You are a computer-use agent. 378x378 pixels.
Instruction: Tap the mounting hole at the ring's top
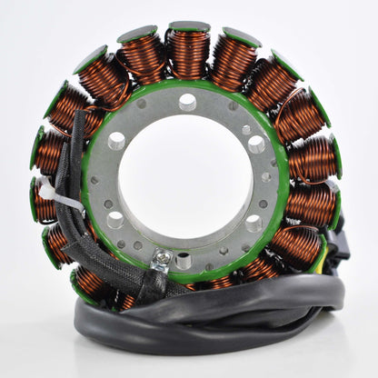pyautogui.click(x=188, y=102)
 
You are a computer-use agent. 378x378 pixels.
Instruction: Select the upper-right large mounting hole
pyautogui.click(x=256, y=144)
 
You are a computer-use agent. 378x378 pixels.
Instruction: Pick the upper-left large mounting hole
pyautogui.click(x=117, y=140)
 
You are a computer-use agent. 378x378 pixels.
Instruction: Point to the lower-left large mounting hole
pyautogui.click(x=115, y=219)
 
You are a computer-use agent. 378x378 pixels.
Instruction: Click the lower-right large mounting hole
pyautogui.click(x=254, y=224)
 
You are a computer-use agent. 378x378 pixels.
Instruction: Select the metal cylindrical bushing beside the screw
pyautogui.click(x=185, y=263)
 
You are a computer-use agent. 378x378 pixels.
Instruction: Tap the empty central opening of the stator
pyautogui.click(x=186, y=182)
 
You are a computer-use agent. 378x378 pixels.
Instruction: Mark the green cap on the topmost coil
pyautogui.click(x=189, y=27)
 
